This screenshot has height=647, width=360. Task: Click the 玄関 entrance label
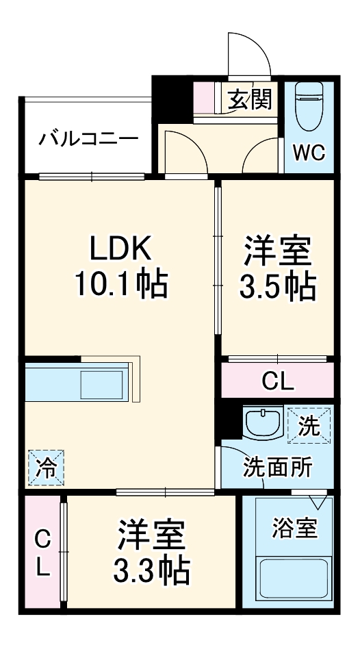[x=250, y=100]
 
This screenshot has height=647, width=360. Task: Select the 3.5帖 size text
[x=277, y=288]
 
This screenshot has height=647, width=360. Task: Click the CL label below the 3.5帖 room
[x=277, y=381]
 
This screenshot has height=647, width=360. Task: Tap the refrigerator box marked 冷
[x=46, y=468]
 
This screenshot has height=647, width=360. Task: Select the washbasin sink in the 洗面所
[x=262, y=423]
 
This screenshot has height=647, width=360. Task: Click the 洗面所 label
[x=278, y=468]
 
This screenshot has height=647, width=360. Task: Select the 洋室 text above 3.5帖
[x=277, y=251]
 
